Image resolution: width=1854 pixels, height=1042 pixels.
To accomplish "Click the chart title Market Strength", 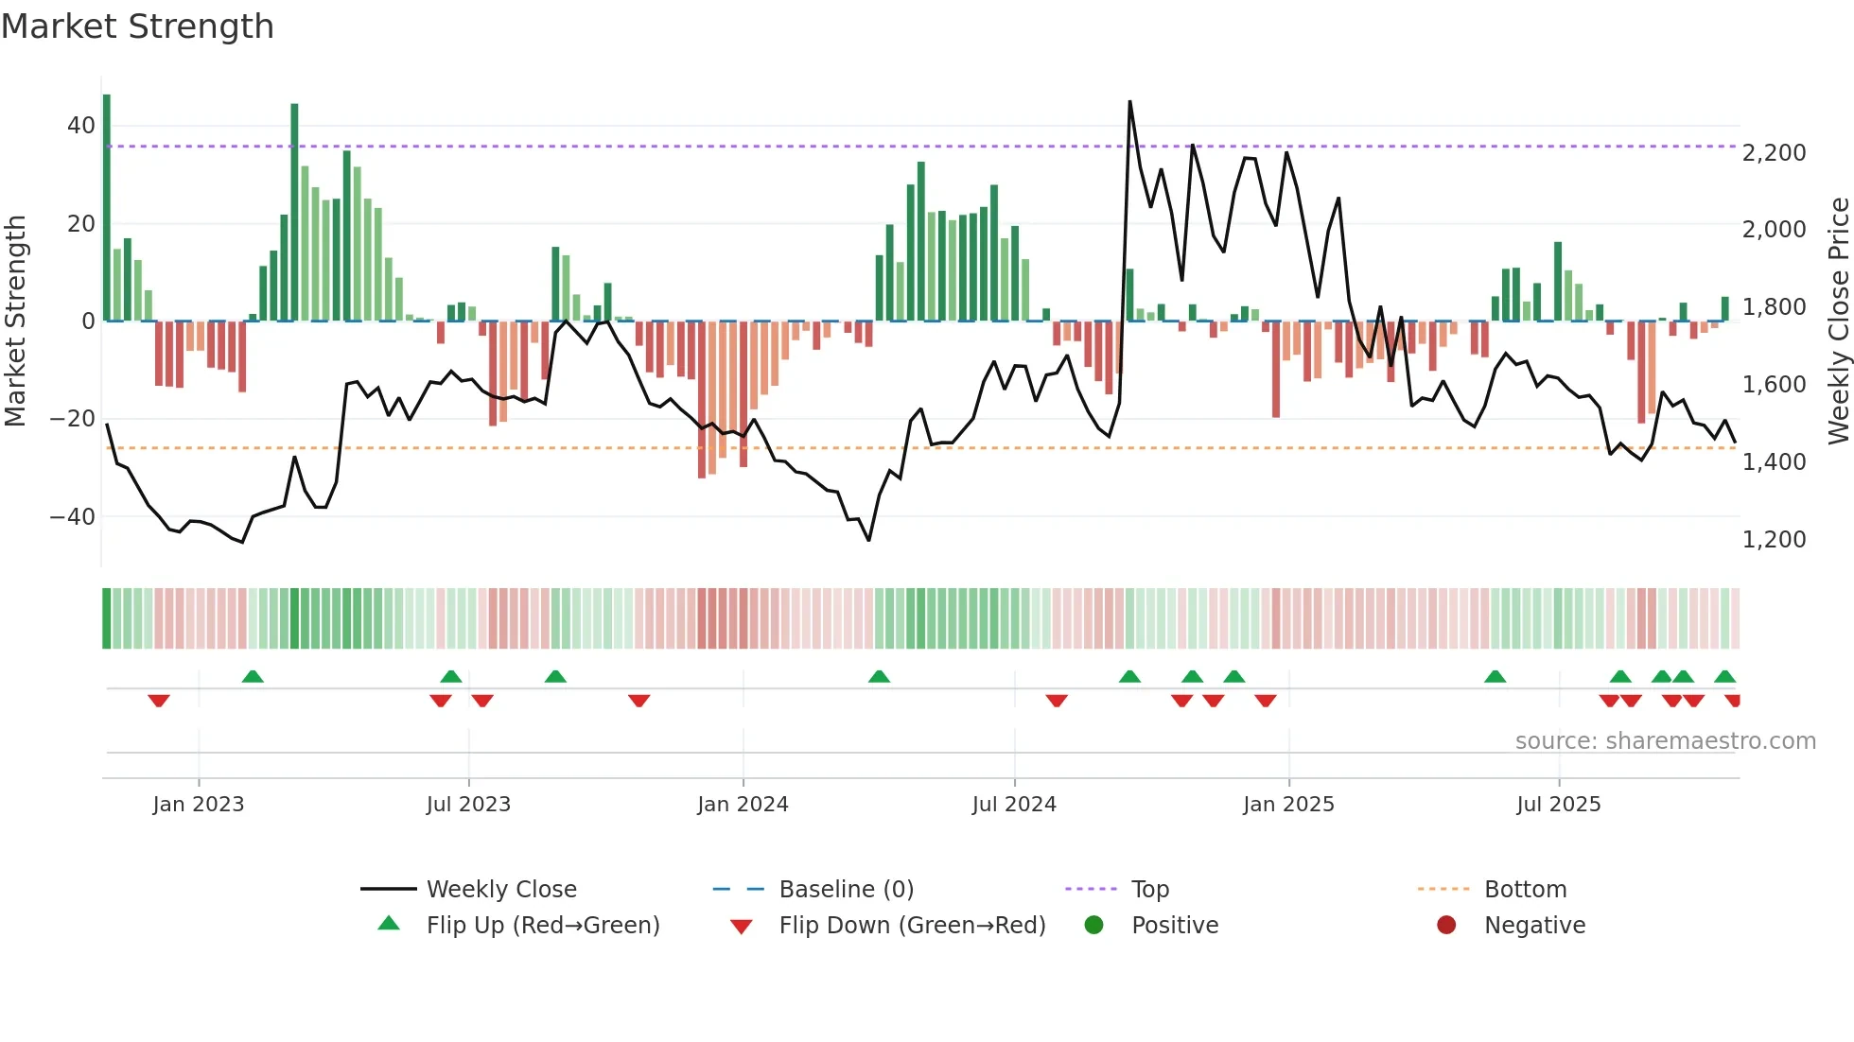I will [137, 26].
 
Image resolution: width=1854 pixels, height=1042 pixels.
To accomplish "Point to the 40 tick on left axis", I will [81, 126].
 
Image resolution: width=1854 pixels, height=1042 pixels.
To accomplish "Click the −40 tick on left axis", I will [73, 517].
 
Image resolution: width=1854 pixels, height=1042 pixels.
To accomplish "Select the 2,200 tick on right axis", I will [1774, 153].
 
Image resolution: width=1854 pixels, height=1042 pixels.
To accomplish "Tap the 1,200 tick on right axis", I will [1774, 540].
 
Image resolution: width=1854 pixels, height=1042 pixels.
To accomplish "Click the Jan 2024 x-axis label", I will [743, 805].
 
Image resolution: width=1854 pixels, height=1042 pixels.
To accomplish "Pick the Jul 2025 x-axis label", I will [1558, 805].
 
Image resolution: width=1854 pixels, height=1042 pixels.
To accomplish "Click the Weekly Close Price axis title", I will [1838, 321].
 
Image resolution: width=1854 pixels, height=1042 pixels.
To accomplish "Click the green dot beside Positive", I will [1094, 926].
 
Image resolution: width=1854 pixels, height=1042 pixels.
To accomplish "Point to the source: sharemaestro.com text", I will [1665, 741].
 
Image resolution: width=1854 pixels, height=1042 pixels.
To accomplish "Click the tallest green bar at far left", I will [107, 208].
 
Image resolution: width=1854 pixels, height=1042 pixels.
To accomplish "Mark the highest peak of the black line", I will [1129, 102].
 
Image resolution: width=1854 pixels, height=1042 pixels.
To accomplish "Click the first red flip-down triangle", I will [158, 701].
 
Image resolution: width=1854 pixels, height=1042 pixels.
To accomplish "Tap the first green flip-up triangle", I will [253, 676].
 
